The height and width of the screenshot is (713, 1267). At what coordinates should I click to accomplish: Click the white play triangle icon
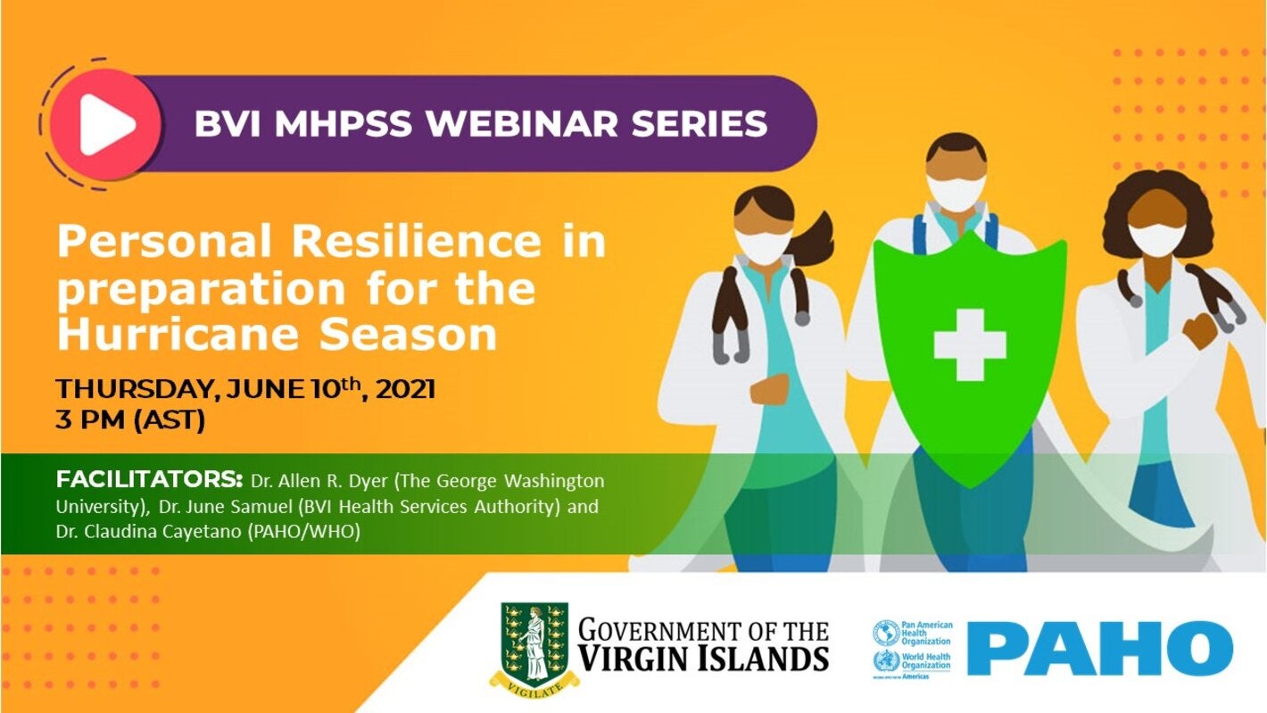tap(105, 124)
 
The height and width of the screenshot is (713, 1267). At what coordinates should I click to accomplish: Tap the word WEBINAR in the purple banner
tap(513, 124)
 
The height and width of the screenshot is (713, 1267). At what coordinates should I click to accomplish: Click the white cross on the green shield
tap(970, 344)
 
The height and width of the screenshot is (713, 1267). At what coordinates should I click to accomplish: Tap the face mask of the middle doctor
tap(956, 192)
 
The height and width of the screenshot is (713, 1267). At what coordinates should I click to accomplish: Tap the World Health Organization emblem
tap(886, 662)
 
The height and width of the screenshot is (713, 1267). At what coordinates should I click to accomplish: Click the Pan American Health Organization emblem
tap(886, 633)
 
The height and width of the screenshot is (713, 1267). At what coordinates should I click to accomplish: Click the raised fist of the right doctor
tap(1200, 332)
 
